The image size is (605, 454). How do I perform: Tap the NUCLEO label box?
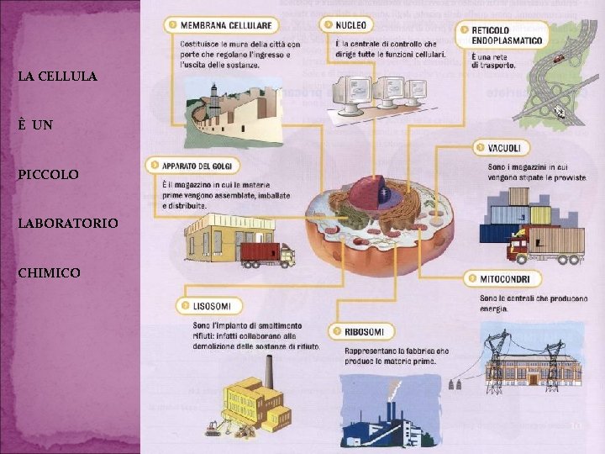point(347,25)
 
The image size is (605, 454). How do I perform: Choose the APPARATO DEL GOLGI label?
point(193,165)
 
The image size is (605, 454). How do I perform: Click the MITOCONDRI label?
point(502,278)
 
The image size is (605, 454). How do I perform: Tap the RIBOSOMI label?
point(362,332)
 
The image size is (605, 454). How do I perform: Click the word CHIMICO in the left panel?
point(50,273)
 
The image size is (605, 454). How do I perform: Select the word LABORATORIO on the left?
point(68,224)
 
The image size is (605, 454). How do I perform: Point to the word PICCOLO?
point(49,175)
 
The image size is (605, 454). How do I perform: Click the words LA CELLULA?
point(57,77)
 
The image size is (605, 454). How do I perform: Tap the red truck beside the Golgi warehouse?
point(266,253)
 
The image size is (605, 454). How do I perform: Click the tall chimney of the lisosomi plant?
point(270,371)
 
